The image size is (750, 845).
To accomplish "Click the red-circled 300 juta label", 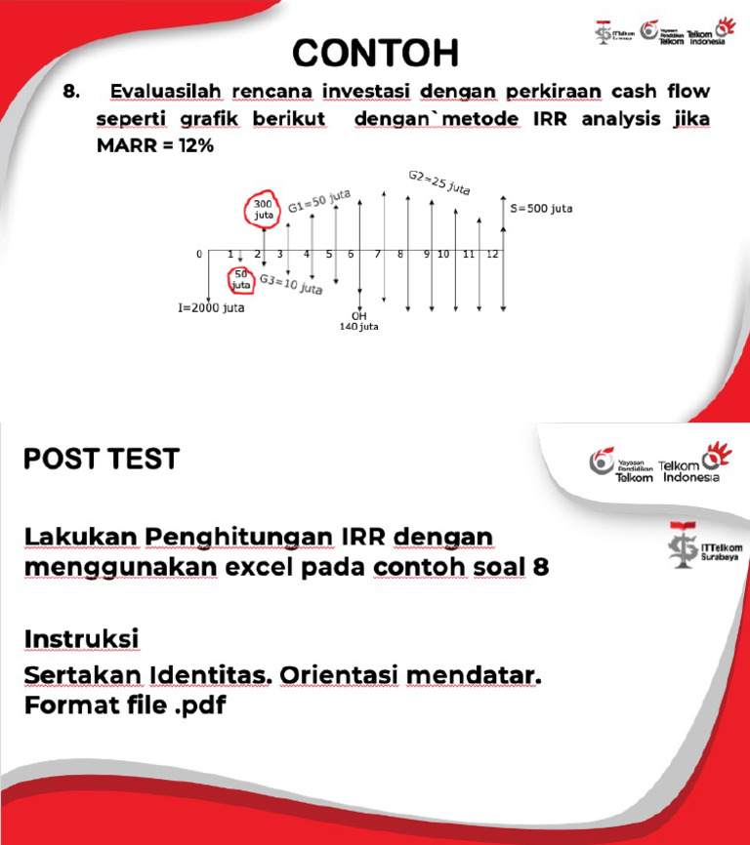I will click(264, 209).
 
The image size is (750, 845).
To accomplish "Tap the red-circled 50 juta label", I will click(240, 281).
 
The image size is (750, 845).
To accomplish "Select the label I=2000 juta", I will click(211, 308).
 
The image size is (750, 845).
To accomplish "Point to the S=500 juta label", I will click(541, 209).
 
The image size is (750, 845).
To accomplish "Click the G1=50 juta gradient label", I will click(318, 200).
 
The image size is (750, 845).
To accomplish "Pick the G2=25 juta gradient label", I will click(438, 182).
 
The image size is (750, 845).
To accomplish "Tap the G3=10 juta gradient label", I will click(291, 284).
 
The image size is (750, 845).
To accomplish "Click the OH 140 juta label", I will click(358, 321).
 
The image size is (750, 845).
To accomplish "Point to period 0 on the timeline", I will click(199, 254).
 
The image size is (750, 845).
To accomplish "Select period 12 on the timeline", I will click(492, 254).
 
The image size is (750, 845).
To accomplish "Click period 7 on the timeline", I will click(377, 254).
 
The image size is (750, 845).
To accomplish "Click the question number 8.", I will click(70, 93).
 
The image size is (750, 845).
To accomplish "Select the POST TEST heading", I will click(102, 458).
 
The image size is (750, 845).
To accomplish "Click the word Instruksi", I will click(81, 637).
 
